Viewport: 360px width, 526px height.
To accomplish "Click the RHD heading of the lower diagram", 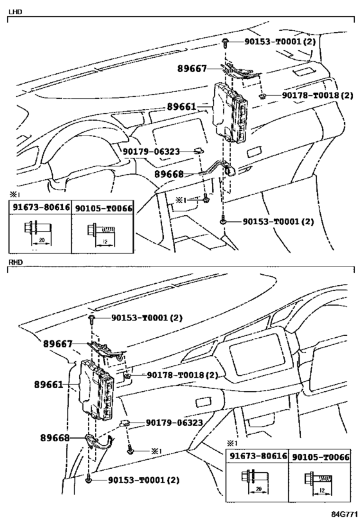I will tap(14, 263).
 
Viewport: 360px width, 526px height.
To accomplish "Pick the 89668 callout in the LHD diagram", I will tap(188, 174).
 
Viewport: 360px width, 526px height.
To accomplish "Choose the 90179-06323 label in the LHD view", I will tap(151, 151).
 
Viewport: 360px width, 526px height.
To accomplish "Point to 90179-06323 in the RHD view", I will tap(174, 423).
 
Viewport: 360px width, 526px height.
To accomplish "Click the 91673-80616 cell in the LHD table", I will tap(40, 208).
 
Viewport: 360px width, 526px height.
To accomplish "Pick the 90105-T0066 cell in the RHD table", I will tap(320, 457).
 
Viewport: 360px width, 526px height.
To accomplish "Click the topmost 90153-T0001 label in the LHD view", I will tap(279, 42).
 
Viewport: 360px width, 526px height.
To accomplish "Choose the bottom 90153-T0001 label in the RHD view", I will tap(143, 480).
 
